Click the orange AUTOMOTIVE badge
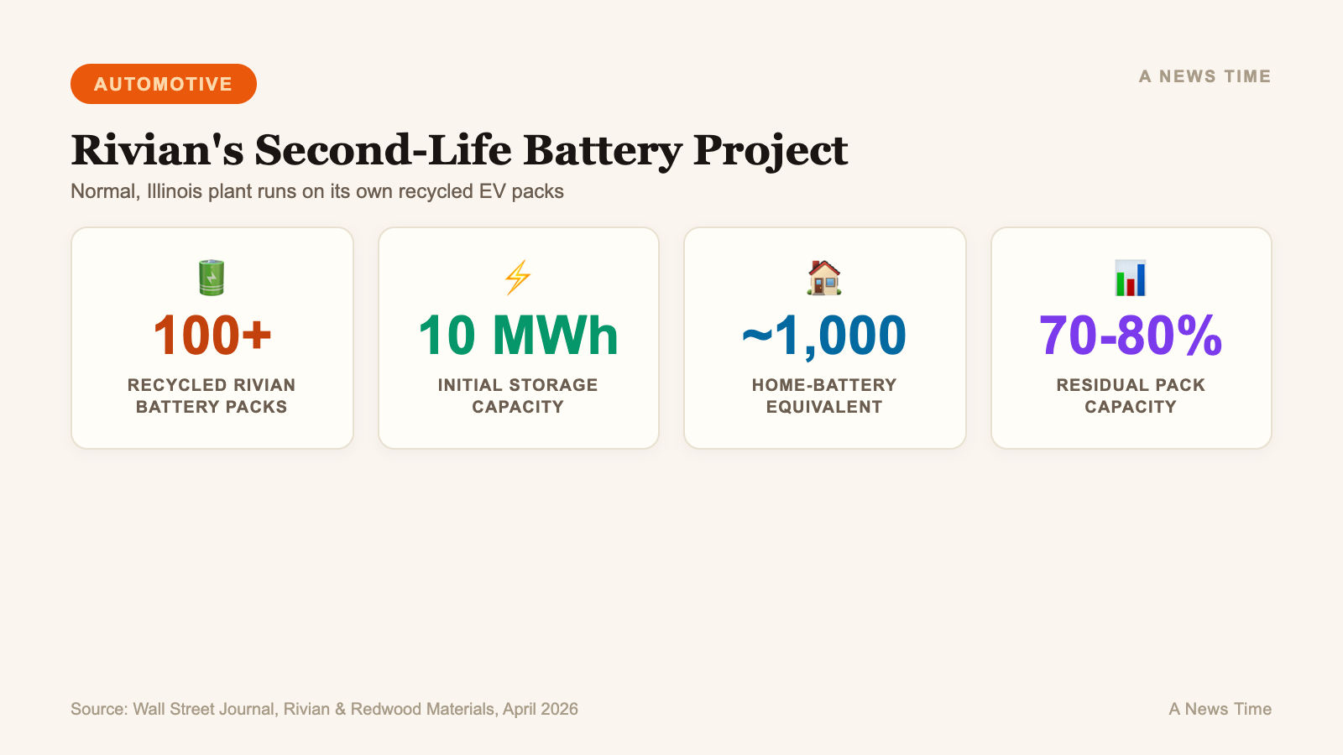[x=164, y=84]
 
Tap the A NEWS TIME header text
[x=1205, y=76]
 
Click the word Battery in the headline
[x=602, y=150]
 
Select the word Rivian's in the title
[x=157, y=150]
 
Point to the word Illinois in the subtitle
[x=175, y=191]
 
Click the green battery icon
[x=212, y=278]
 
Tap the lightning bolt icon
[x=518, y=278]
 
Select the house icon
[x=824, y=278]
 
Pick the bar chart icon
[x=1131, y=278]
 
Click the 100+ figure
[x=212, y=336]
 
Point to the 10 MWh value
[x=518, y=336]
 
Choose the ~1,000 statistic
[x=824, y=336]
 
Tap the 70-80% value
[x=1131, y=336]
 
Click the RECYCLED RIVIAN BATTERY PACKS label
[x=212, y=396]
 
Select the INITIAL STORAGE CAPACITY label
[x=518, y=396]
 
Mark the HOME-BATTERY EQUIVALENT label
[x=824, y=396]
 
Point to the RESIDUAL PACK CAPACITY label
[x=1131, y=396]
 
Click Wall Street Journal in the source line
[x=203, y=709]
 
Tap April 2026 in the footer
[x=541, y=709]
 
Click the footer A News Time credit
[x=1220, y=709]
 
